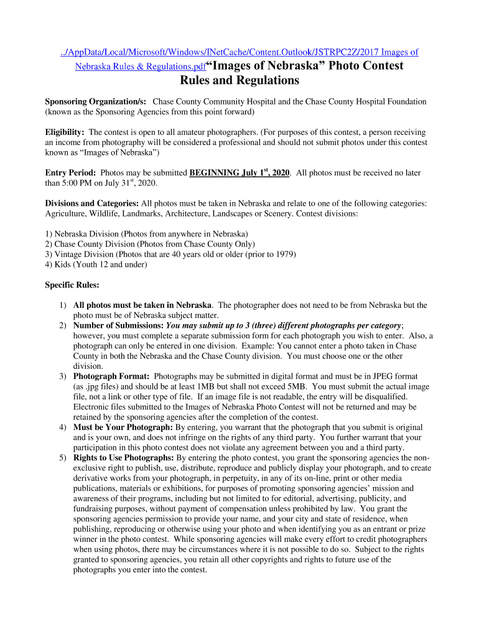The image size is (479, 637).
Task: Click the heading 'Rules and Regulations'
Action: click(x=240, y=81)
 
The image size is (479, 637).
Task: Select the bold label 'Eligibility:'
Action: click(x=65, y=133)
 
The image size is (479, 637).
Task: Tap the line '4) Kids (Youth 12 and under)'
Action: click(x=96, y=264)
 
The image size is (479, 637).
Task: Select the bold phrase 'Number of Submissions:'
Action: click(x=118, y=325)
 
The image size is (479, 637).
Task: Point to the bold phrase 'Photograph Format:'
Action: click(x=111, y=376)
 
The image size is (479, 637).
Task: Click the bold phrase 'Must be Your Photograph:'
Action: click(x=123, y=427)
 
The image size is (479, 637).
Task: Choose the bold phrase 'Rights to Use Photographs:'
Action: click(x=124, y=458)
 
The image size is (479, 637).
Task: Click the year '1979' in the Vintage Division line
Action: click(x=284, y=254)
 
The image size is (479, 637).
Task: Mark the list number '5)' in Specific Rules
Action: click(x=63, y=458)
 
